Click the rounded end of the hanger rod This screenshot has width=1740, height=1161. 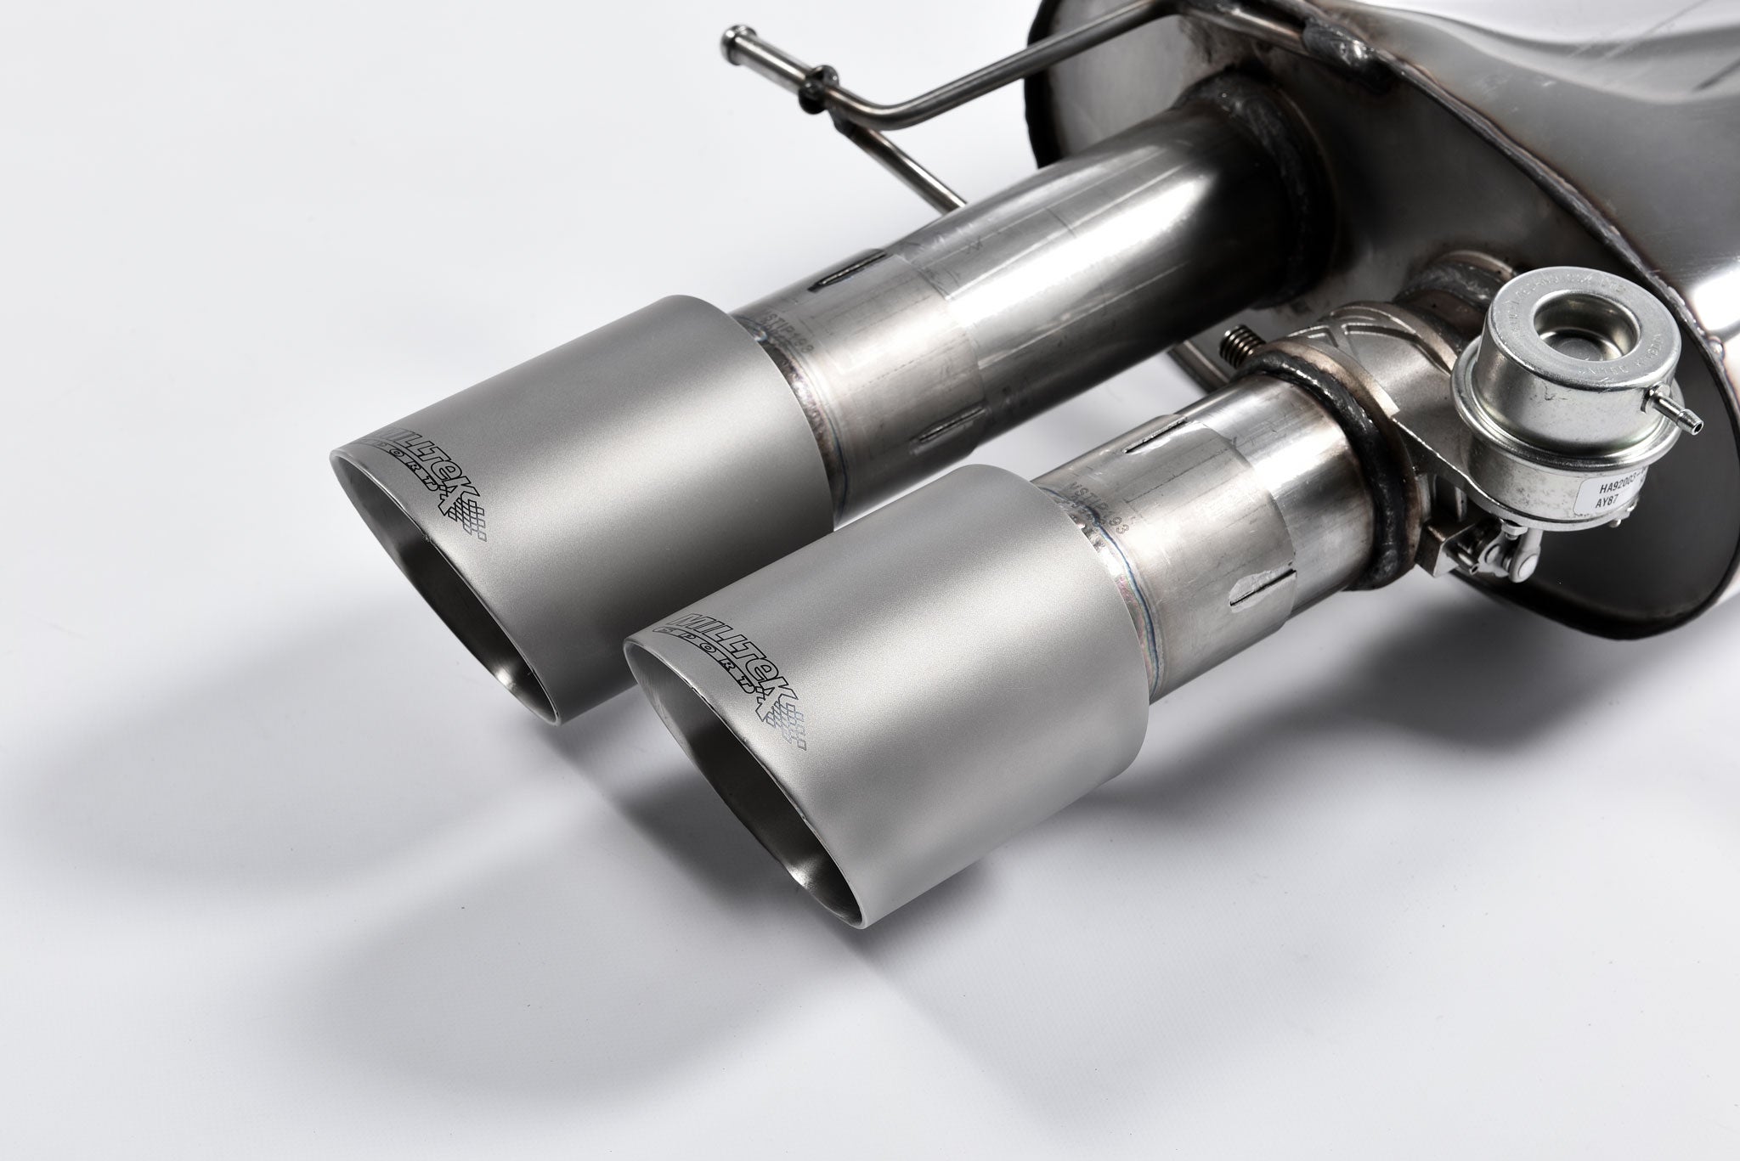click(737, 37)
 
